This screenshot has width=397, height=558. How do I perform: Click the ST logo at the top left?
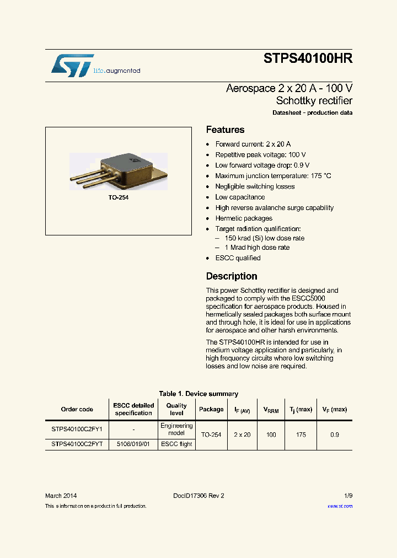pyautogui.click(x=72, y=66)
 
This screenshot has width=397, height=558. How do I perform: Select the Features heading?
pyautogui.click(x=225, y=130)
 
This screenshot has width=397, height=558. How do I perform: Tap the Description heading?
pyautogui.click(x=232, y=276)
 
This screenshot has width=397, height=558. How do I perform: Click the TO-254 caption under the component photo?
pyautogui.click(x=119, y=197)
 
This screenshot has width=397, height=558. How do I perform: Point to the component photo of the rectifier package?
pyautogui.click(x=119, y=171)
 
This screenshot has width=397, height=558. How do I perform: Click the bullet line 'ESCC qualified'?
pyautogui.click(x=238, y=258)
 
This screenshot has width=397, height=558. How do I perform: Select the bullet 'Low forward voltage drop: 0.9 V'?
pyautogui.click(x=262, y=165)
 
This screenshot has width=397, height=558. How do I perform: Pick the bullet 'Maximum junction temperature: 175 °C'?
pyautogui.click(x=273, y=176)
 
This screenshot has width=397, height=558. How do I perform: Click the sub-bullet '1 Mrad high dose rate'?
pyautogui.click(x=257, y=248)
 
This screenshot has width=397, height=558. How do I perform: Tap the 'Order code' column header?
pyautogui.click(x=77, y=409)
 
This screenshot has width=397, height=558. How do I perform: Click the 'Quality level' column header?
pyautogui.click(x=176, y=409)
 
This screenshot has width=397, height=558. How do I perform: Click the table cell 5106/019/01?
pyautogui.click(x=133, y=444)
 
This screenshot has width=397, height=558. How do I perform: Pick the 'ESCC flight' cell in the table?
pyautogui.click(x=176, y=444)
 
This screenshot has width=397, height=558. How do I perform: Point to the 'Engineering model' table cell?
pyautogui.click(x=176, y=429)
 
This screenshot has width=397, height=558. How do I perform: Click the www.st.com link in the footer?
pyautogui.click(x=340, y=506)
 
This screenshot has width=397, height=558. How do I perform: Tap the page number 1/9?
pyautogui.click(x=347, y=496)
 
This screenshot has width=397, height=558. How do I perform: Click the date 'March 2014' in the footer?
pyautogui.click(x=61, y=496)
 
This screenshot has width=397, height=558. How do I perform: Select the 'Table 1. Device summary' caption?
pyautogui.click(x=198, y=394)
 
